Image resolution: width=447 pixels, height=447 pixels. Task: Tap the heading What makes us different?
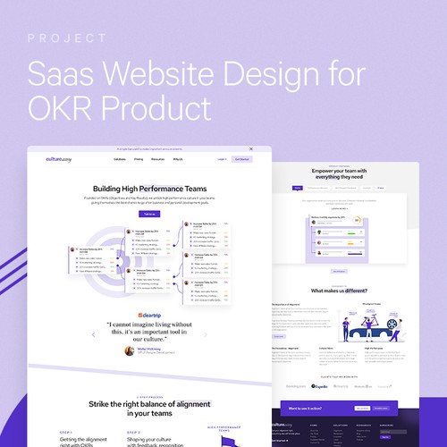(x=340, y=291)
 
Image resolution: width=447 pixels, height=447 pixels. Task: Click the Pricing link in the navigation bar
(x=139, y=158)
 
